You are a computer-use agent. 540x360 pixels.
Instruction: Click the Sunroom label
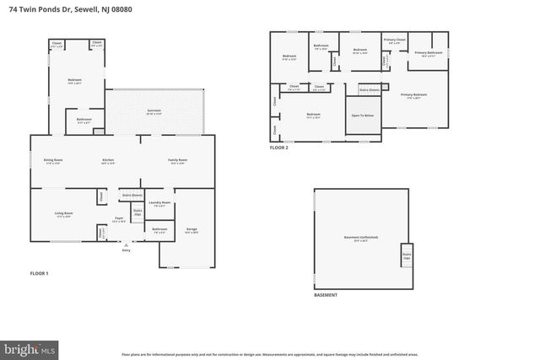[x=154, y=110]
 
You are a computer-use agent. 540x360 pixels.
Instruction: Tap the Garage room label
[x=191, y=230]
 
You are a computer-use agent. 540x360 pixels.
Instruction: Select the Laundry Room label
[x=159, y=203]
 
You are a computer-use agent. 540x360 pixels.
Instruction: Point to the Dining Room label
[x=53, y=159]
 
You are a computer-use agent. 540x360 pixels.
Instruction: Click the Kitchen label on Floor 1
[x=108, y=159]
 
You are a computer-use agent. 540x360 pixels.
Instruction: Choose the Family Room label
[x=176, y=159]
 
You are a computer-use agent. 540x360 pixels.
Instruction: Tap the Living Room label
[x=63, y=213]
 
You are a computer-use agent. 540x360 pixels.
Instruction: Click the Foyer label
[x=119, y=218]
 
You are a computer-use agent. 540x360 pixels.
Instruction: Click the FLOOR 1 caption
[x=40, y=274]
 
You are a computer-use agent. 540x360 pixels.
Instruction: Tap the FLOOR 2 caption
[x=279, y=147]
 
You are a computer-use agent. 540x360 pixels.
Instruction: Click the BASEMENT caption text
[x=326, y=295]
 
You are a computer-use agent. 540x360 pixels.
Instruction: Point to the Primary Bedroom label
[x=413, y=94]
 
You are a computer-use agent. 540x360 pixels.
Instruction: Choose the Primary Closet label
[x=395, y=40]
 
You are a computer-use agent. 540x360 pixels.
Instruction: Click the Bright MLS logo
[x=30, y=347]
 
